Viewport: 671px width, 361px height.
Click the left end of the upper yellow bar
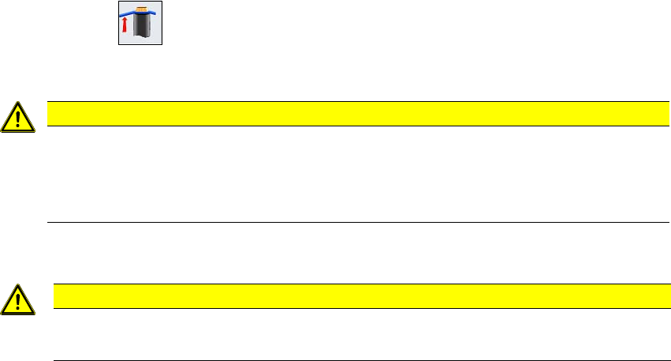coord(50,114)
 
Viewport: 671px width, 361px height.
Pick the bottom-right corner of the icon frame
coord(162,44)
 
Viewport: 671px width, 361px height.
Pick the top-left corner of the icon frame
coord(119,2)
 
